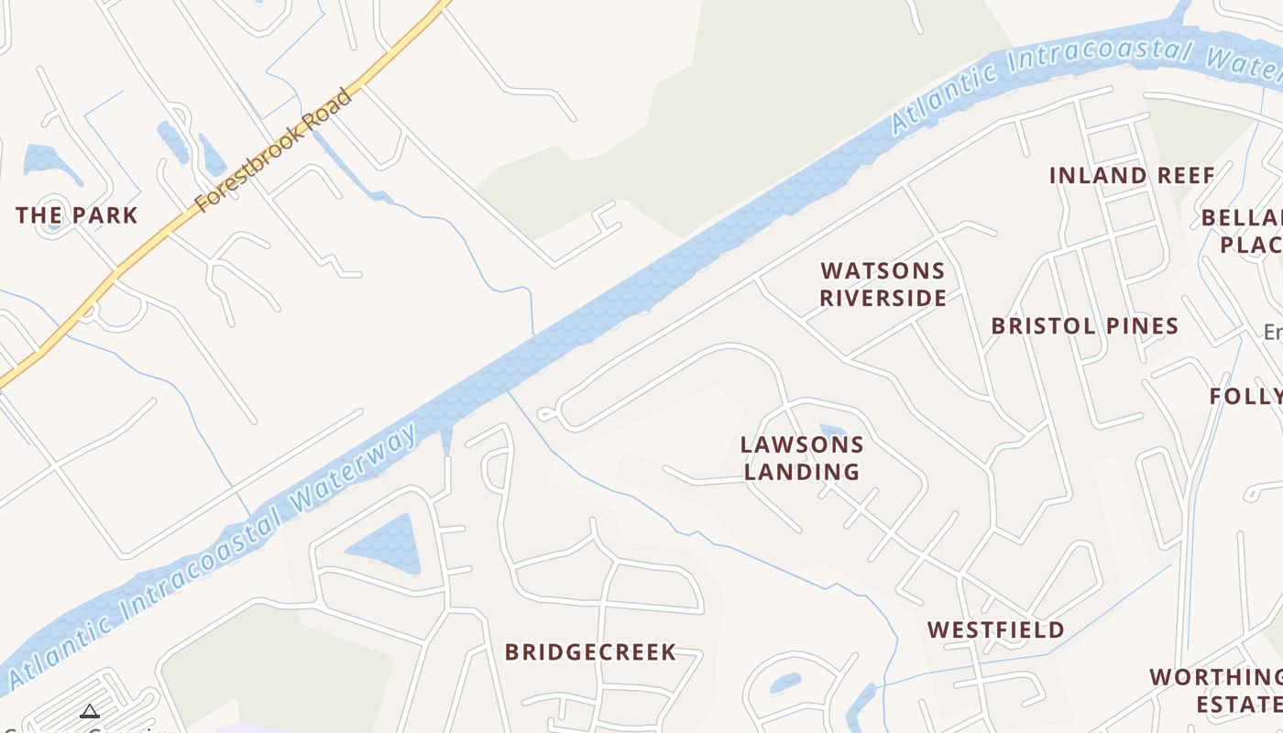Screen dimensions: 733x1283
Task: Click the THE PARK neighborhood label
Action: tap(77, 216)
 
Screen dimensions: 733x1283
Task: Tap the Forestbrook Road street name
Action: tap(274, 149)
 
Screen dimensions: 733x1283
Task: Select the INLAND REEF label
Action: tap(1132, 176)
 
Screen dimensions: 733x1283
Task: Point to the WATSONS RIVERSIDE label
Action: tap(883, 284)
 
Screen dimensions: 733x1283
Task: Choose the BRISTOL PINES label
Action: tap(1085, 326)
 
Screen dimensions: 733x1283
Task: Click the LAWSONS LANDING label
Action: tap(802, 458)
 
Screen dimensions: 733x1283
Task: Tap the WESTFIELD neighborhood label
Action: tap(996, 630)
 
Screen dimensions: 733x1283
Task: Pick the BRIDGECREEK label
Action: tap(591, 652)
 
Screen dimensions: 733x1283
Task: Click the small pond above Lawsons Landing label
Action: tap(832, 432)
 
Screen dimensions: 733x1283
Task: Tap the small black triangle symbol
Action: tap(89, 711)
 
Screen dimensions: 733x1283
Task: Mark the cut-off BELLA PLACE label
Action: tap(1243, 231)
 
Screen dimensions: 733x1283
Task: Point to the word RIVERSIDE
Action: tap(883, 298)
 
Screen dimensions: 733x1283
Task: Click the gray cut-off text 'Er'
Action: tap(1273, 332)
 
